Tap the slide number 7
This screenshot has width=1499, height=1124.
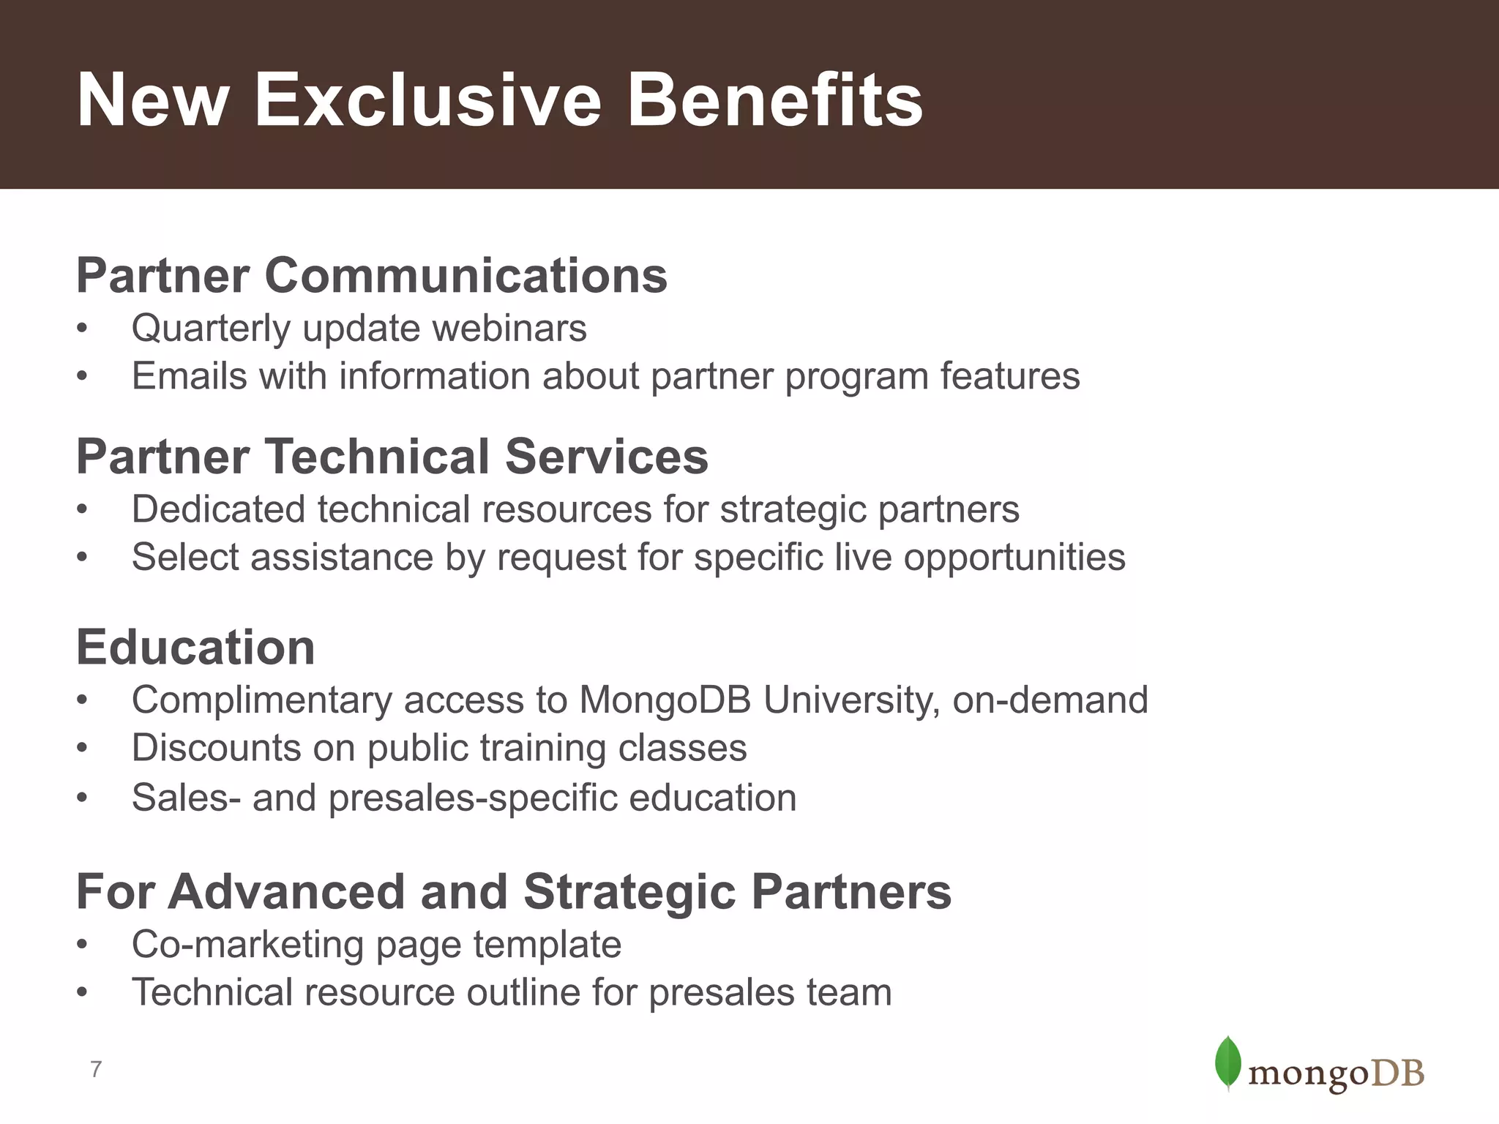coord(96,1069)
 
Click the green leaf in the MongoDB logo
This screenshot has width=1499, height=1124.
coord(1227,1062)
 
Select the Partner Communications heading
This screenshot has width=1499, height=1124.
coord(372,276)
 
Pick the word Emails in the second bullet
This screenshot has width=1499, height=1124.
coord(190,376)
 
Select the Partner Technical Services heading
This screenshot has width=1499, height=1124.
coord(392,457)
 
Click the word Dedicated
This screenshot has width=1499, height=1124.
coord(218,509)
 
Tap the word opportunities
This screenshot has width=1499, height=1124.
coord(1014,558)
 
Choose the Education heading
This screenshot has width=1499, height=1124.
coord(195,648)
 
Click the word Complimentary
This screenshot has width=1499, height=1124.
coord(261,700)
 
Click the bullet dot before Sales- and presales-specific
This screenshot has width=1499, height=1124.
coord(82,798)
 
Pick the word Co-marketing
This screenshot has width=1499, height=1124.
coord(247,944)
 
